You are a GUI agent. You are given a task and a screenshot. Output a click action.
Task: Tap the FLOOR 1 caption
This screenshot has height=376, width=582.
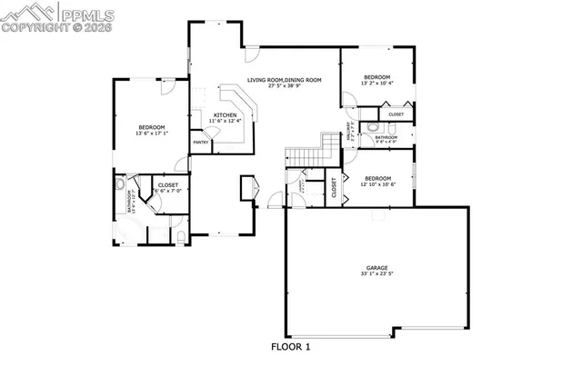[x=291, y=346]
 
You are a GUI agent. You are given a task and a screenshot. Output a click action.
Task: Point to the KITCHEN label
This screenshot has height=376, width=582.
[x=225, y=114]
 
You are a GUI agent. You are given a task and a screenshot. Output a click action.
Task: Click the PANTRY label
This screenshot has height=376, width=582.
[x=201, y=142]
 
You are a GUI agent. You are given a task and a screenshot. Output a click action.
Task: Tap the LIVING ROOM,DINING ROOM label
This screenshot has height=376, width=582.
[x=285, y=80]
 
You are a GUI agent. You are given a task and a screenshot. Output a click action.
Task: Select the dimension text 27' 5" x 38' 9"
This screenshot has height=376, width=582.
[x=285, y=87]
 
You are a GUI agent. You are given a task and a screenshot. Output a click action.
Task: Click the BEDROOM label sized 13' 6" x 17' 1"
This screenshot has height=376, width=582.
[x=152, y=126]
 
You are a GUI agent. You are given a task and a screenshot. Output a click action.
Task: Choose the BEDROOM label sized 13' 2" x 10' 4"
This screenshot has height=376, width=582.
[x=376, y=76]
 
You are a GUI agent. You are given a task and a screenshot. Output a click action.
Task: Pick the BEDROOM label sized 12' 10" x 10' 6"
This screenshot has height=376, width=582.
[x=376, y=178]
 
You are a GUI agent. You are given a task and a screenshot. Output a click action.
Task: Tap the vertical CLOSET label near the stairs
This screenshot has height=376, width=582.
[x=334, y=188]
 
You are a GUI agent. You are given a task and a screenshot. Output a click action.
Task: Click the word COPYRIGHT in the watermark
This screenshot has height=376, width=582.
[x=31, y=27]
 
